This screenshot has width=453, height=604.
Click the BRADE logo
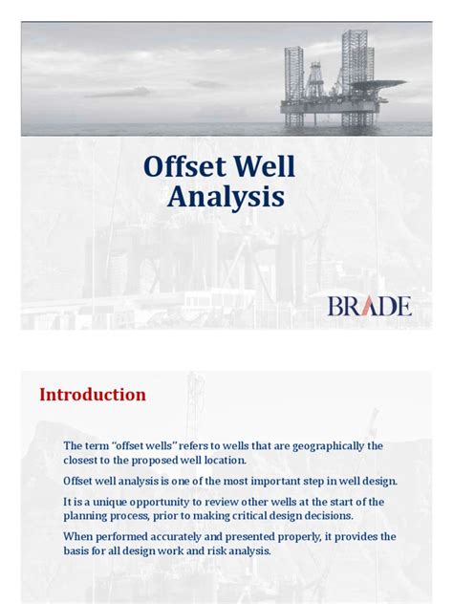370,306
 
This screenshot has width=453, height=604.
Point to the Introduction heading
93,395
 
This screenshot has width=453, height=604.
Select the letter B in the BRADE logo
335,307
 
